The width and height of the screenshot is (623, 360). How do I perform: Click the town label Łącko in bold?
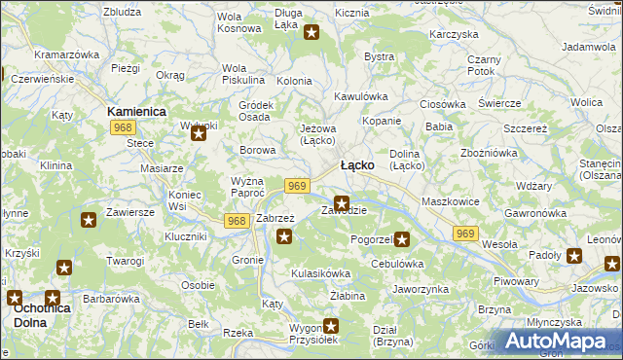pos(357,165)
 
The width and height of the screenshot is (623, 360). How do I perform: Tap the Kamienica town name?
pos(136,112)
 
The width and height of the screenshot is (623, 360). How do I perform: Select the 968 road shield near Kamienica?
pos(123,127)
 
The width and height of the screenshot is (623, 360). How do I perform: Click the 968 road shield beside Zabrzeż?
pos(236,221)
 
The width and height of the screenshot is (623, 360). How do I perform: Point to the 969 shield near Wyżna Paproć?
pos(298,186)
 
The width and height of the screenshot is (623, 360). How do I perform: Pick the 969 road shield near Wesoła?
pos(466,233)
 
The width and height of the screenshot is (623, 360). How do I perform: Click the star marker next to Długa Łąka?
pos(311,33)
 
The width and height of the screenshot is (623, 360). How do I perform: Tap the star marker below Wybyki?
pos(199,134)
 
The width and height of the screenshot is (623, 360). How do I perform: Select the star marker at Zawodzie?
pos(341,202)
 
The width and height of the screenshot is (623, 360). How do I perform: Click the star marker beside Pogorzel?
pos(402,238)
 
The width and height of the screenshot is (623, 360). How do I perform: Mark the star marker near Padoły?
pos(575,257)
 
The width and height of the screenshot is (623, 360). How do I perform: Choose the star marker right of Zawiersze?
pos(89,220)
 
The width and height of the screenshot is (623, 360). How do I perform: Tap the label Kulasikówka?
pos(321,273)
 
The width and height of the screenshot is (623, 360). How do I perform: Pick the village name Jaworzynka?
pos(420,289)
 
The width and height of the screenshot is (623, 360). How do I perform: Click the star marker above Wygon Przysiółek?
pos(331,327)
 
